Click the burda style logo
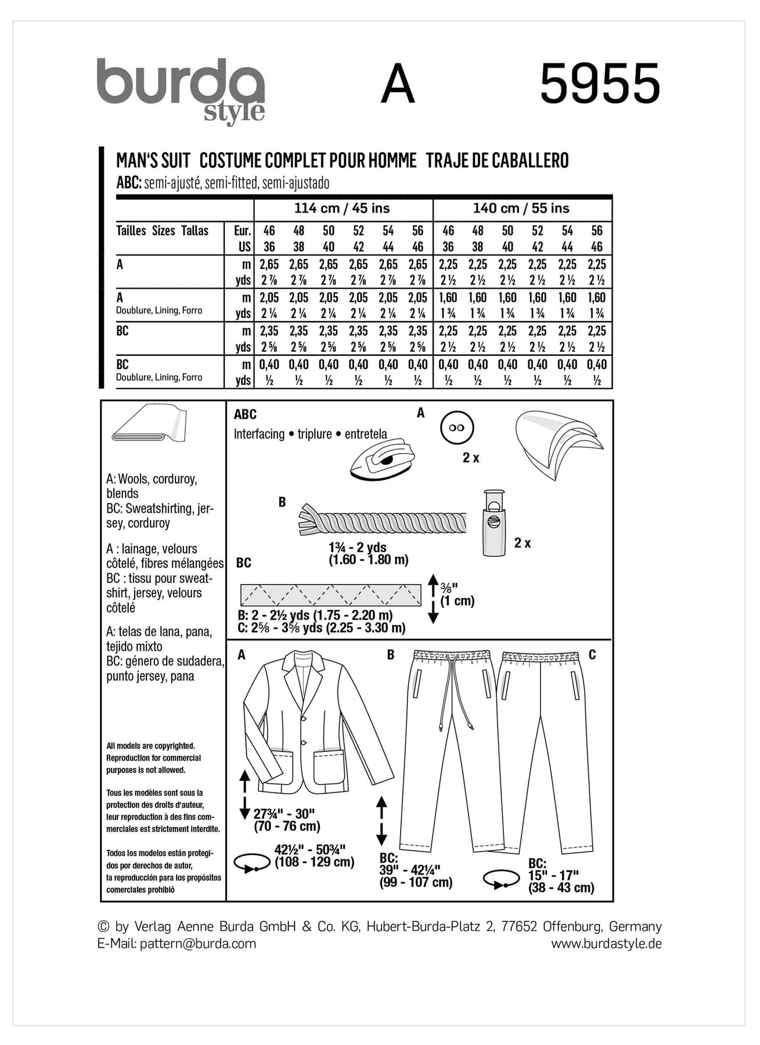click(x=181, y=89)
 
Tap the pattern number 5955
click(x=600, y=84)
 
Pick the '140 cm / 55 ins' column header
click(x=521, y=208)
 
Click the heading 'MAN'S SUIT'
click(x=153, y=160)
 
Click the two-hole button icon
click(x=457, y=428)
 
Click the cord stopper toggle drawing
click(x=494, y=522)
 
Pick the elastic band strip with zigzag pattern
click(x=330, y=595)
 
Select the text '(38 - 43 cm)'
click(x=561, y=888)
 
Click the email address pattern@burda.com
click(x=198, y=943)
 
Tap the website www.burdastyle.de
click(x=606, y=943)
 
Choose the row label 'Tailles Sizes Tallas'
click(x=162, y=230)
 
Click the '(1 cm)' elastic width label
click(x=457, y=601)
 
